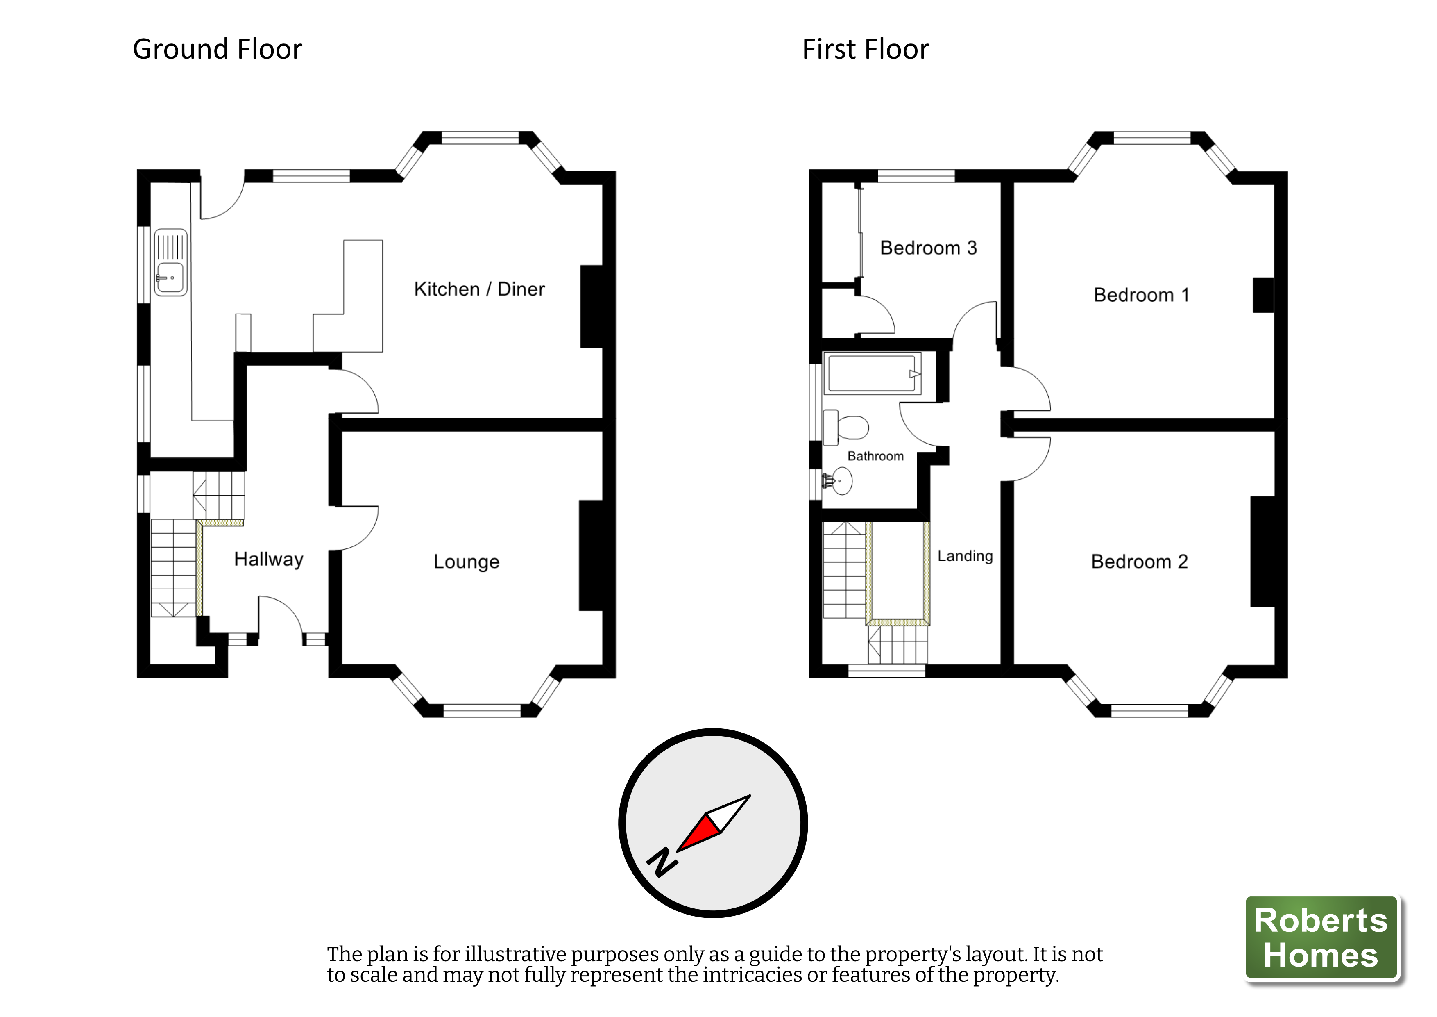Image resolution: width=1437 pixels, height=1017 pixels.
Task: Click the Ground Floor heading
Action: tap(217, 50)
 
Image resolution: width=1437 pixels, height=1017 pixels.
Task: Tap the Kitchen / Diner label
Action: tap(479, 289)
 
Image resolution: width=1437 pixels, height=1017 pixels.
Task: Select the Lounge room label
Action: tap(466, 562)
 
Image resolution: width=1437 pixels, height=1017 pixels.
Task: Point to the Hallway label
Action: tap(268, 559)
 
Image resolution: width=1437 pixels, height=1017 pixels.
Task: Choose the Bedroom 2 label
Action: tap(1139, 562)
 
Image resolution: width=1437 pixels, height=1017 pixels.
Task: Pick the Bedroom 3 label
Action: tap(928, 248)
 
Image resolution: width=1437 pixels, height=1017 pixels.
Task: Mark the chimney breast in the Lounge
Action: tap(591, 555)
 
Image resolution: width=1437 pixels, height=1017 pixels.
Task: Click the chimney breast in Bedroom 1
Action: tap(1262, 295)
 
